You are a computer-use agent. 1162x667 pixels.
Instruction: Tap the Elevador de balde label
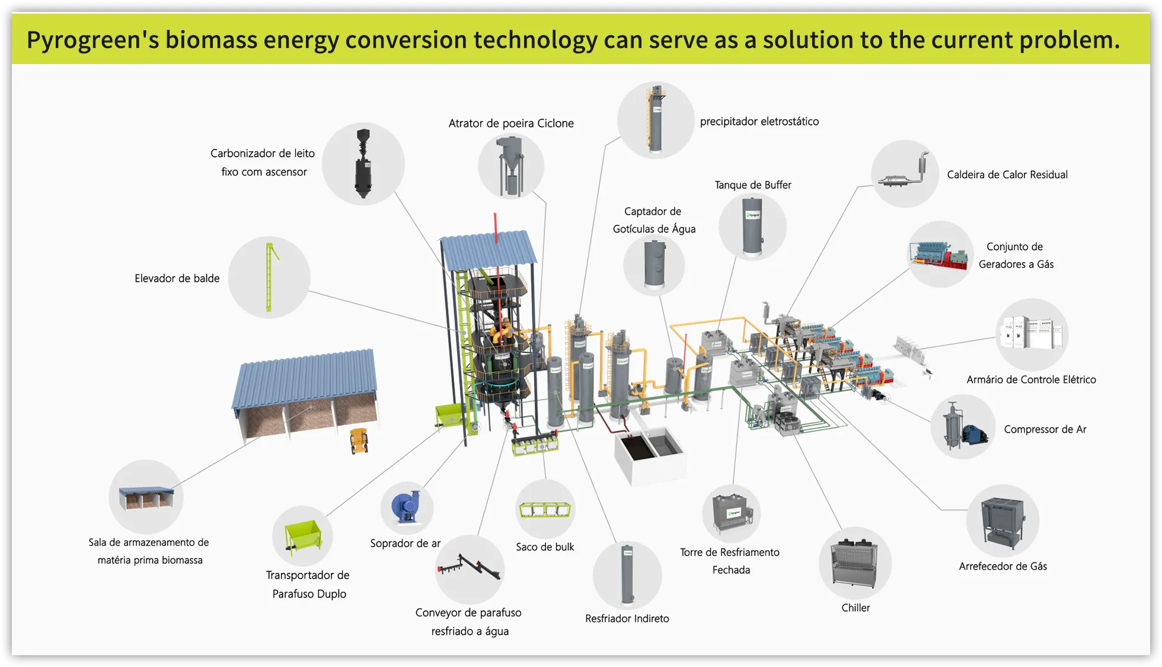point(177,278)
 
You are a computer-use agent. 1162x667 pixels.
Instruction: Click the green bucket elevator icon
point(270,277)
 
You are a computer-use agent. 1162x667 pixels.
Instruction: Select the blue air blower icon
point(406,508)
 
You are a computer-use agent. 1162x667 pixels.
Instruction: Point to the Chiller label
point(855,608)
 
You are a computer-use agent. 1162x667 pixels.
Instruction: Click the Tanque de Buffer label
point(753,185)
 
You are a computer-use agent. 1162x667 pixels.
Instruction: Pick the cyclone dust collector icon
point(510,166)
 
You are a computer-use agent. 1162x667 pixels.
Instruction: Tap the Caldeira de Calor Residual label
point(1007,174)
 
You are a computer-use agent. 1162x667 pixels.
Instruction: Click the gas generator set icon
point(940,255)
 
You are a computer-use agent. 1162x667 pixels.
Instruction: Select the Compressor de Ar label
point(1045,429)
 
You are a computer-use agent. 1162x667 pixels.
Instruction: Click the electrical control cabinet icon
point(1032,333)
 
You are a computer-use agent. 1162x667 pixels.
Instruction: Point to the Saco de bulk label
point(545,547)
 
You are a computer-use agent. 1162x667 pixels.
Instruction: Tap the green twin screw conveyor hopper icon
point(303,536)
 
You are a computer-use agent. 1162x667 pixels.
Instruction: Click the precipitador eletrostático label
point(759,122)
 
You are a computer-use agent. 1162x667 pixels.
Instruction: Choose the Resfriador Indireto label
point(627,618)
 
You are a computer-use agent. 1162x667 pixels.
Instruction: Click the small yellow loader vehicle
point(359,441)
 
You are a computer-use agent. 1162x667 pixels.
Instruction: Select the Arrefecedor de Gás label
point(1003,566)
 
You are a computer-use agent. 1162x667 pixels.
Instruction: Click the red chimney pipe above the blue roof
point(496,228)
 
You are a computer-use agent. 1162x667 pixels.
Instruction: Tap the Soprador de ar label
point(405,543)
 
